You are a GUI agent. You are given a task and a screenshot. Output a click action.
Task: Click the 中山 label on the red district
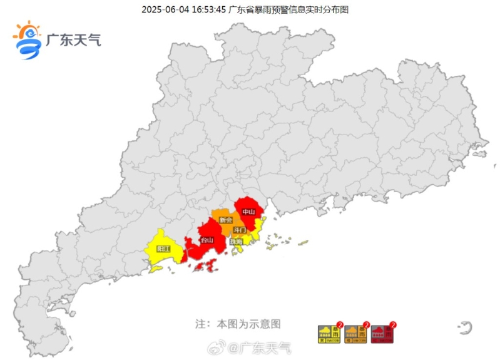click(248, 212)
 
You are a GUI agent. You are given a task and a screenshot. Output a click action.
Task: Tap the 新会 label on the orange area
click(226, 220)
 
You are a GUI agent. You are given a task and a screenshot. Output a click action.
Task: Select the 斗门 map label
click(240, 230)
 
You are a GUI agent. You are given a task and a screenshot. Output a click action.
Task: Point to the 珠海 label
click(236, 240)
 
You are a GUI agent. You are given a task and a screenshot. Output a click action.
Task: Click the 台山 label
click(207, 240)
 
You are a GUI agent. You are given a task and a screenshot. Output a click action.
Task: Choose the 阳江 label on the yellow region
click(164, 249)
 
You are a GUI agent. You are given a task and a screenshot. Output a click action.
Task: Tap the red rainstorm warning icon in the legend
click(382, 334)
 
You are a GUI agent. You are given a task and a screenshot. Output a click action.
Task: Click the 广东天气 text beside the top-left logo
click(73, 40)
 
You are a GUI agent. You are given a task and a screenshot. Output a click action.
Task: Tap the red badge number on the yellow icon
click(339, 325)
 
